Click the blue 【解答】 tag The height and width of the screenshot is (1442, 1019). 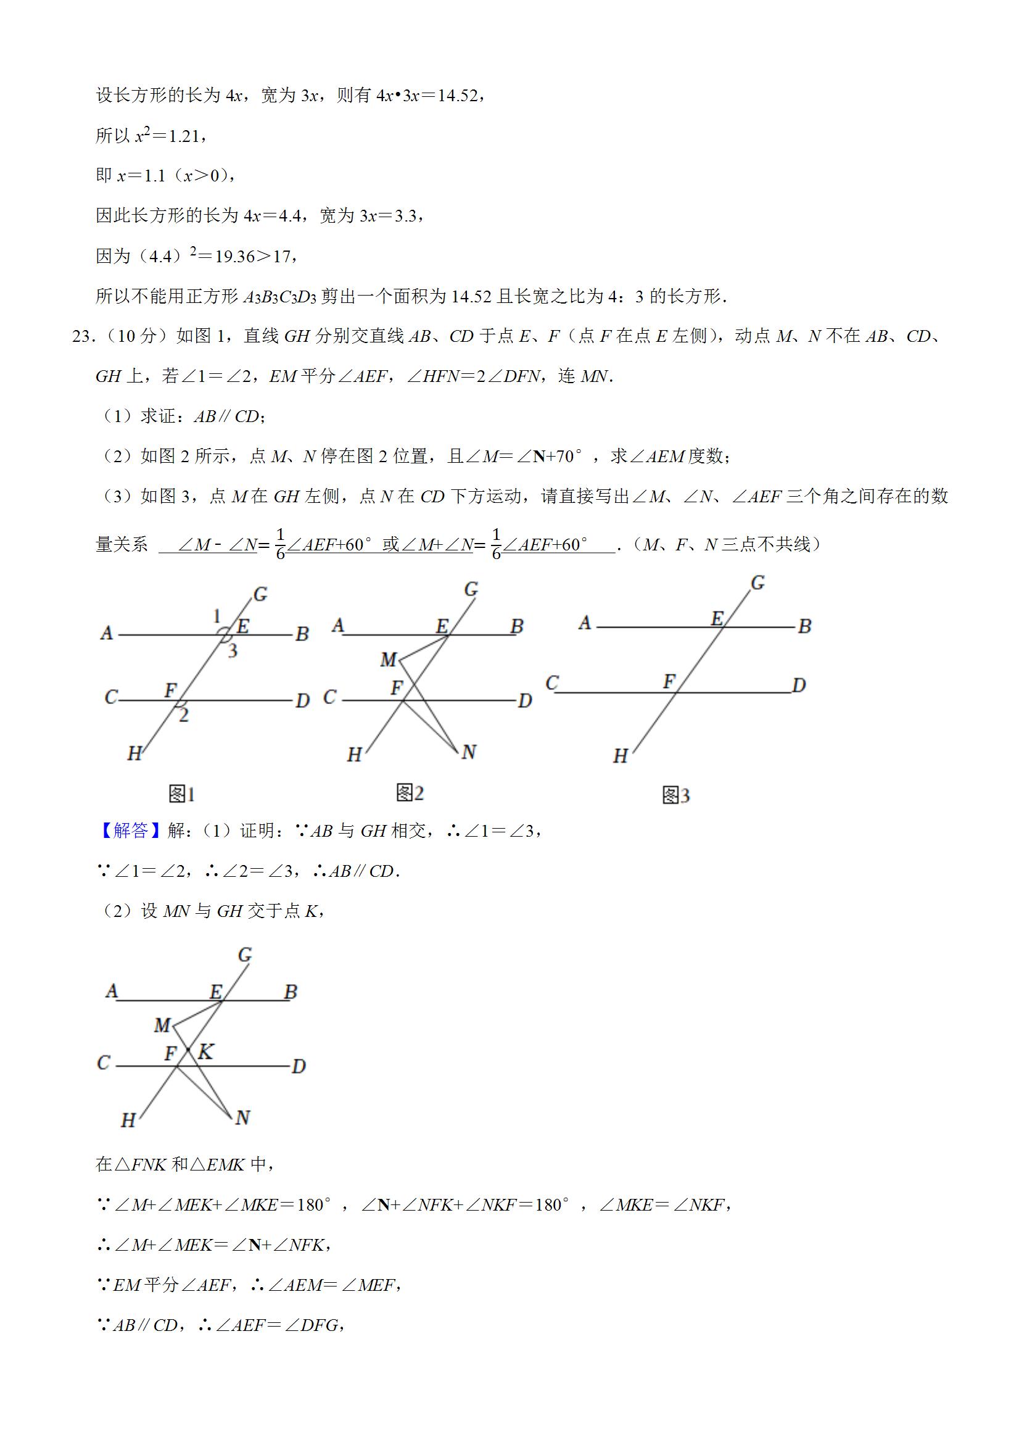point(131,831)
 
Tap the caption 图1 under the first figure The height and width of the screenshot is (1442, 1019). point(182,795)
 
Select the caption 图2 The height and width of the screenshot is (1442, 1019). point(410,794)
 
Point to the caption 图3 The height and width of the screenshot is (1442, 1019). point(676,796)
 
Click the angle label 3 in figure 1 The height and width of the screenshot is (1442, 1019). point(233,650)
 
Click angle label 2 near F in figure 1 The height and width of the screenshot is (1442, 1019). point(183,715)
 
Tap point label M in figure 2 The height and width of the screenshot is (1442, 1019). point(389,660)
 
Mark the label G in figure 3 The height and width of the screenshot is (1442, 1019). point(758,583)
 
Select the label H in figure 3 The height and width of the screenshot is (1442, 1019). point(621,756)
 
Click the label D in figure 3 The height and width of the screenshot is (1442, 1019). point(799,684)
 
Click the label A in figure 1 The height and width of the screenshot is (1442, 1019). point(107,632)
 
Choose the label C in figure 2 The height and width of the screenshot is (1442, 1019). point(329,697)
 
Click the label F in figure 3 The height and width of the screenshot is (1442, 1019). point(669,681)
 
